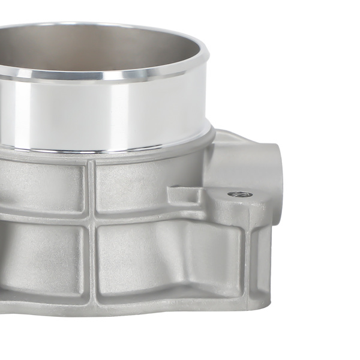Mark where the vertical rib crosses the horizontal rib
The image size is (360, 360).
[91, 217]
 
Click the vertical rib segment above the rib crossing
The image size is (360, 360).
[91, 186]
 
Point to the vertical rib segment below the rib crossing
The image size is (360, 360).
[92, 264]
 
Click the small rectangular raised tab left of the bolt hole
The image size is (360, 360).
[183, 193]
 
